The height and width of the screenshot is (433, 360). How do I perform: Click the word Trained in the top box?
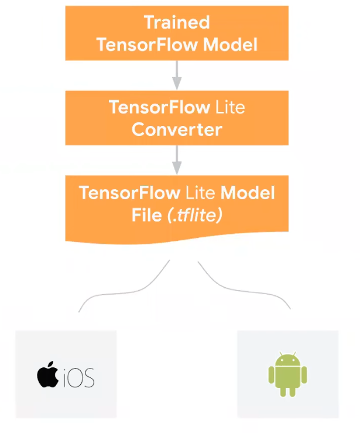(x=176, y=23)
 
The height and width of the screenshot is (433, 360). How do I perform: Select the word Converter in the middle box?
(x=176, y=129)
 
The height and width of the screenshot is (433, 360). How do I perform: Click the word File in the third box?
(x=146, y=215)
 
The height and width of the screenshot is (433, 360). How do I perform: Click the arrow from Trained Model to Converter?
(x=176, y=75)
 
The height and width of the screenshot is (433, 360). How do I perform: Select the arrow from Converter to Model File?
(x=176, y=159)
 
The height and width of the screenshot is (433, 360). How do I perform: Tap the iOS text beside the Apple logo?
(x=78, y=377)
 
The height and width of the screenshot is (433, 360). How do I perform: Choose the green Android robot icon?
(x=287, y=373)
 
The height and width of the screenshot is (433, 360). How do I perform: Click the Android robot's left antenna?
(x=279, y=352)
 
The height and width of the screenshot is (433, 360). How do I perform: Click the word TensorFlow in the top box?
(x=136, y=45)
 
